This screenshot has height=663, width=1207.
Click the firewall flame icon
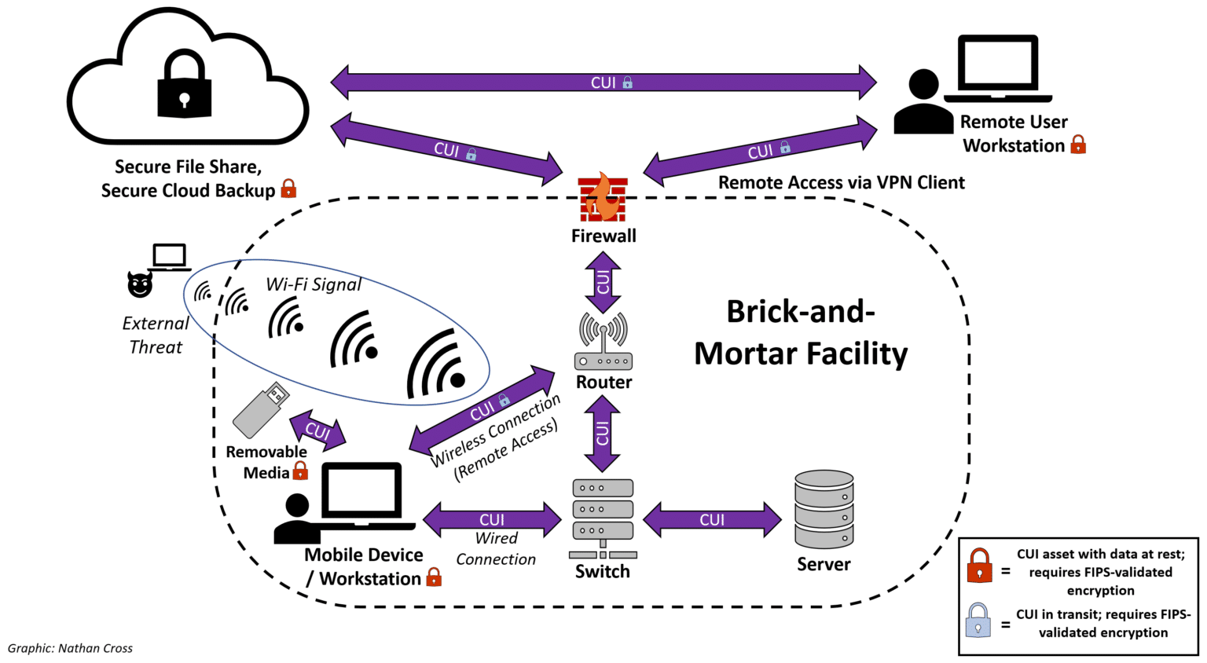[x=603, y=198]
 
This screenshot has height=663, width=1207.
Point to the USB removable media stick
[x=260, y=409]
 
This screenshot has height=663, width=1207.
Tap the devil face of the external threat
[x=140, y=284]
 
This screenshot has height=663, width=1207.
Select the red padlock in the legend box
[x=979, y=565]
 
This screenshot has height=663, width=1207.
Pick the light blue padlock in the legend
[x=978, y=620]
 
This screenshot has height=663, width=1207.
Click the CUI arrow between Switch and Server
[x=712, y=519]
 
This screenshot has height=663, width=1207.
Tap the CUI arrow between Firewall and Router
[x=603, y=282]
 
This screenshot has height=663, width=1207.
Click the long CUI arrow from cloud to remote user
[x=603, y=82]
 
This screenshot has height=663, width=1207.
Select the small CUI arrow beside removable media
[x=317, y=430]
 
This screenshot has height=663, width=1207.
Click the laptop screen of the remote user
[x=997, y=64]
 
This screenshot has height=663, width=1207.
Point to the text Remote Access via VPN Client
[x=841, y=182]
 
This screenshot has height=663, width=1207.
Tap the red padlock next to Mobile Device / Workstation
[x=434, y=578]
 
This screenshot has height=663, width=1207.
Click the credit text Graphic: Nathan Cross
[x=70, y=648]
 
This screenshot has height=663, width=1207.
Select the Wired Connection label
[x=496, y=548]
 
